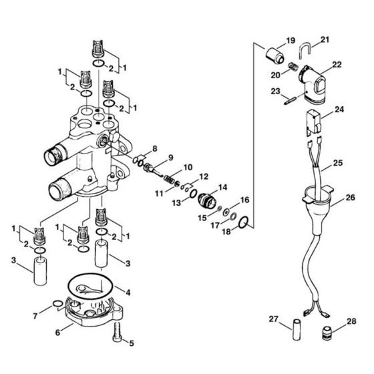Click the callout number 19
pyautogui.click(x=291, y=41)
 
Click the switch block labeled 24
pyautogui.click(x=313, y=122)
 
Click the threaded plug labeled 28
pyautogui.click(x=328, y=333)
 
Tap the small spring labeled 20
pyautogui.click(x=292, y=69)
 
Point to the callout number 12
pyautogui.click(x=204, y=176)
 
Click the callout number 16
pyautogui.click(x=244, y=200)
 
